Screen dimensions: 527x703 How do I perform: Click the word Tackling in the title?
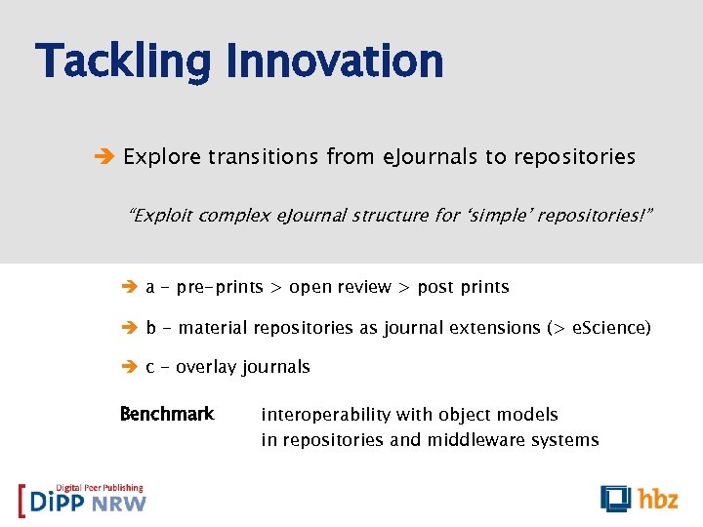[x=123, y=61]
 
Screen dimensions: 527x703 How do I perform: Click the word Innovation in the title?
[x=334, y=61]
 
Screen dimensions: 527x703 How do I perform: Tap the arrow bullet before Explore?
[x=106, y=157]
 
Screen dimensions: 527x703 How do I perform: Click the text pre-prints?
[x=220, y=287]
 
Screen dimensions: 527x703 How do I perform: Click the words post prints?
[x=463, y=287]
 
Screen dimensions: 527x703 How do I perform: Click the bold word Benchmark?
[x=166, y=414]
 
